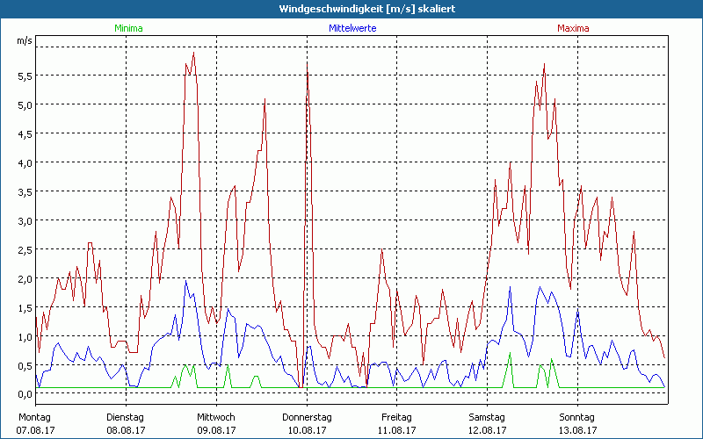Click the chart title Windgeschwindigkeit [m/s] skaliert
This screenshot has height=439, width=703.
click(x=351, y=9)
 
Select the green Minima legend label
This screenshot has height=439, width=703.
click(x=127, y=28)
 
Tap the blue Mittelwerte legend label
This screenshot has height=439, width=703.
click(x=352, y=28)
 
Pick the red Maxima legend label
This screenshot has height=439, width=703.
click(x=573, y=28)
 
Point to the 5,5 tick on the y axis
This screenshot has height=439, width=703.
click(x=25, y=76)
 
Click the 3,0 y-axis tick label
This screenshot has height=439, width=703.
click(x=25, y=220)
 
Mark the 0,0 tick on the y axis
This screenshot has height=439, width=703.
click(x=25, y=394)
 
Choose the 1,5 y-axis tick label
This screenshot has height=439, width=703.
click(x=25, y=307)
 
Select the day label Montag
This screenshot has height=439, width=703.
click(x=35, y=417)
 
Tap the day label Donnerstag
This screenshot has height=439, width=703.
click(x=307, y=417)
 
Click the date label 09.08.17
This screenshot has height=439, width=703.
click(x=216, y=430)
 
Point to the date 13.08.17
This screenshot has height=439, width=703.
click(x=577, y=430)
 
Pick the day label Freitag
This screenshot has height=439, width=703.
click(x=397, y=417)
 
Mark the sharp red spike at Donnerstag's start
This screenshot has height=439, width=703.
click(x=308, y=74)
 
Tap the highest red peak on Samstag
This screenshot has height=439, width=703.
click(x=545, y=65)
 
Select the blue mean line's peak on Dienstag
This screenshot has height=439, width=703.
click(x=185, y=282)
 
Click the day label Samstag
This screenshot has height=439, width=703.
click(x=487, y=417)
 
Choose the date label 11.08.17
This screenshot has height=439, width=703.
click(x=397, y=430)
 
